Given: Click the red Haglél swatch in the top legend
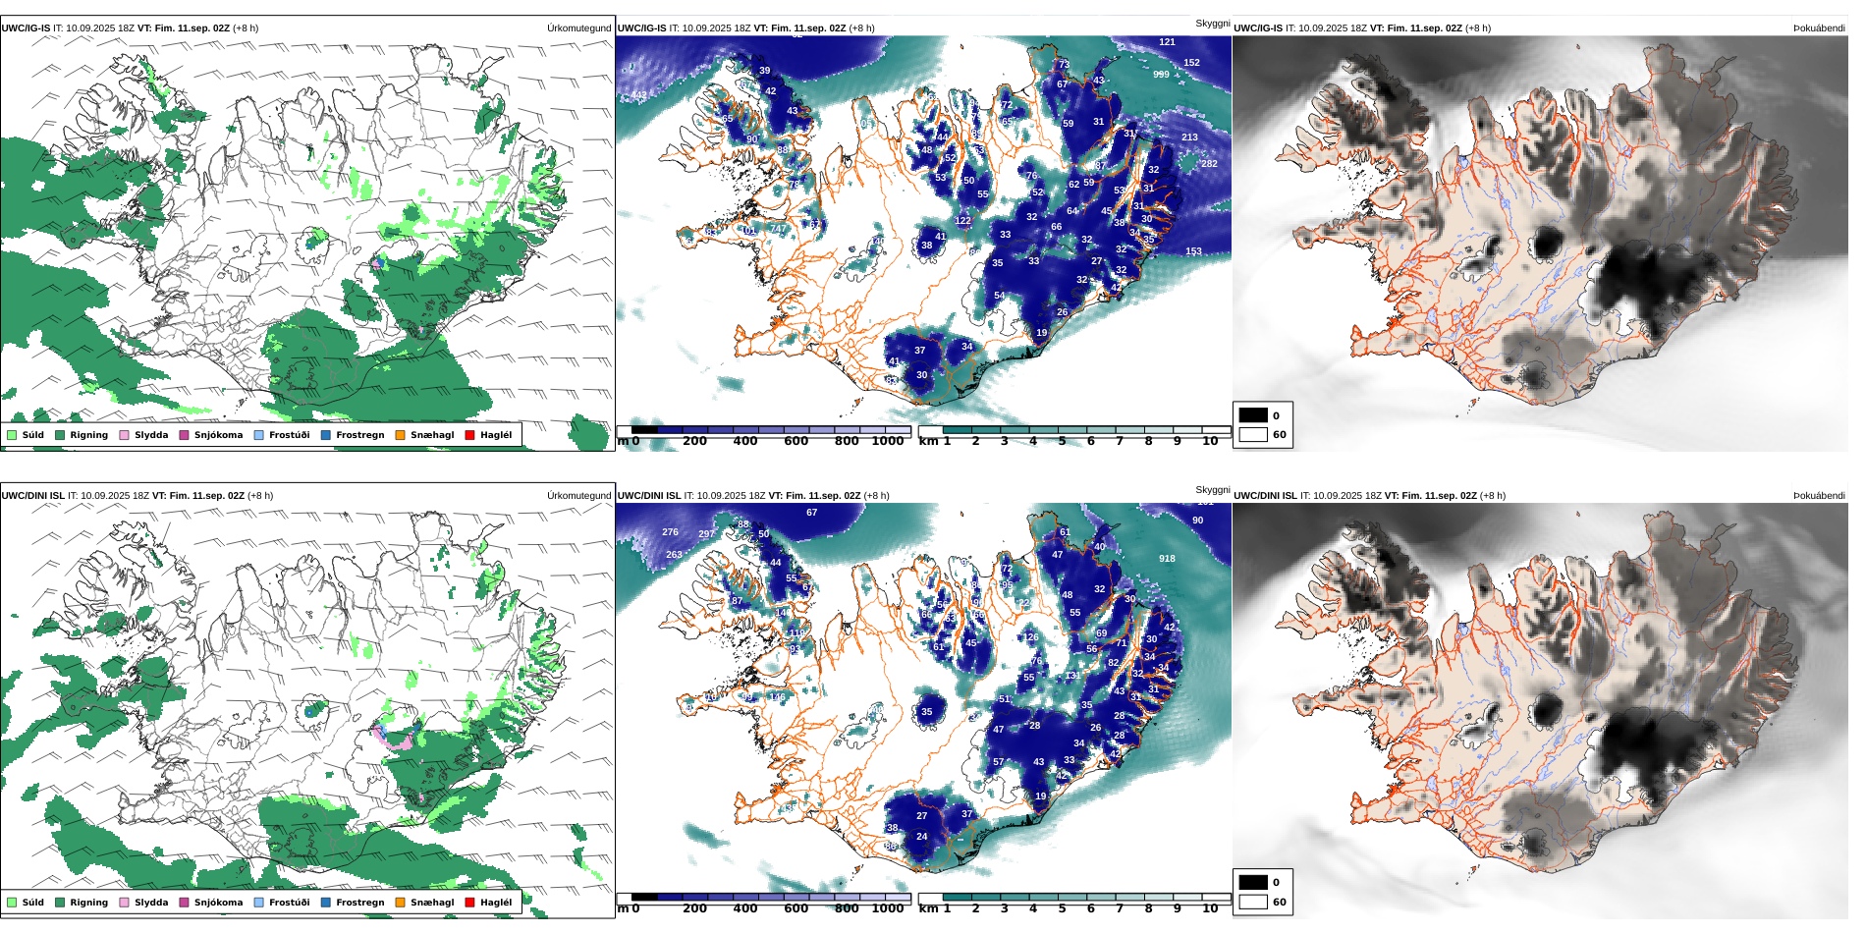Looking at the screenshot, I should point(469,435).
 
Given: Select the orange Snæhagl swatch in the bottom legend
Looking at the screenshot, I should point(400,903).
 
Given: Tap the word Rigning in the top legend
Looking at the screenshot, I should point(88,435).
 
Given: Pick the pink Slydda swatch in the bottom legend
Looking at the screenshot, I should point(124,903).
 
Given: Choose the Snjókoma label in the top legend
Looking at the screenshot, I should point(218,435).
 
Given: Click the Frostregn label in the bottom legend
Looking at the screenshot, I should point(359,903).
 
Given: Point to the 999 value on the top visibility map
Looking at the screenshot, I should point(1161,75).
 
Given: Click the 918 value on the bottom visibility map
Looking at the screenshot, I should point(1167,559).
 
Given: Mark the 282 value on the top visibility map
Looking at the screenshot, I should point(1209,164).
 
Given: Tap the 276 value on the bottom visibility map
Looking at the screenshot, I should point(670,532).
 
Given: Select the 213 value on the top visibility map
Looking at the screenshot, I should point(1189,137).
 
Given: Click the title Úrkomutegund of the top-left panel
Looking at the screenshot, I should point(578,28).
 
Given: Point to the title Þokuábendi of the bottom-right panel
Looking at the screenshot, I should point(1819,496).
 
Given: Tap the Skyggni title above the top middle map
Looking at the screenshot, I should point(1212,24).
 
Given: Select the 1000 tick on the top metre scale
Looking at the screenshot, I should point(888,442).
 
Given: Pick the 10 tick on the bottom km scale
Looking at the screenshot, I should point(1210,909).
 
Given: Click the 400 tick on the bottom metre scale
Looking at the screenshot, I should point(745,909).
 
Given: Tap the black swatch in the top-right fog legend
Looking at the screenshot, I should point(1253,415).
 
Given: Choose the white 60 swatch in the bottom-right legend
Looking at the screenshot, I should point(1253,902).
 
